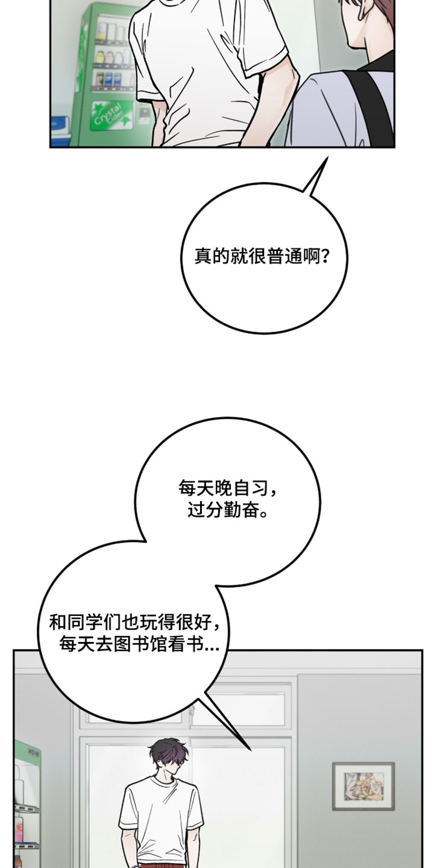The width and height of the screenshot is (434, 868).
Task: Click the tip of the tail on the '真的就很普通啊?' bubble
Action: click(327, 157)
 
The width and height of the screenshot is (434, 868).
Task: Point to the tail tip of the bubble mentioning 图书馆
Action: click(251, 750)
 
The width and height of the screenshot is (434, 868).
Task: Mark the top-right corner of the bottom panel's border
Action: click(423, 650)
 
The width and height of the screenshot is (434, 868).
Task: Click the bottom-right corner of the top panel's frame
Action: click(394, 147)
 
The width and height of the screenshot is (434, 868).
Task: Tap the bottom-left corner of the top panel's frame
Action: click(51, 147)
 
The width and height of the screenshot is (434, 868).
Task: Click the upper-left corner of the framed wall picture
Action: click(333, 763)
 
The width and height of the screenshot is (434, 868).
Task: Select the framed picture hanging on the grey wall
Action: click(363, 786)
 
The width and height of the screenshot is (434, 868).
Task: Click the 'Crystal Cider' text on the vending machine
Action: click(108, 113)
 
